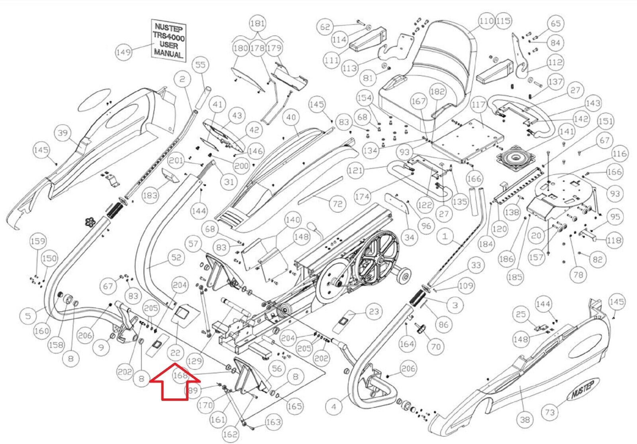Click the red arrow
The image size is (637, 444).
[x=174, y=381]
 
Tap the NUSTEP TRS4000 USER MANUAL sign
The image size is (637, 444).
[x=169, y=40]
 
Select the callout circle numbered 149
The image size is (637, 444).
[x=123, y=52]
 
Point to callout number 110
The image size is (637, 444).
[x=486, y=21]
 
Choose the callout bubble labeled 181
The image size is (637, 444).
[x=257, y=23]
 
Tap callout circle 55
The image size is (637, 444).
[x=200, y=64]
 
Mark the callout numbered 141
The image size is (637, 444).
[x=567, y=131]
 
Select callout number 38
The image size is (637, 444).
[x=525, y=419]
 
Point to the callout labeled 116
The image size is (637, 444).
[x=619, y=154]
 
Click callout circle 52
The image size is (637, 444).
[x=176, y=258]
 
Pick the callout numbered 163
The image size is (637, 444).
[x=273, y=422]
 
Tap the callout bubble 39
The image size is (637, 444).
[x=63, y=132]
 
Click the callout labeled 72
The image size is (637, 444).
[x=337, y=204]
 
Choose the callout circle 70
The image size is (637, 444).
[x=436, y=346]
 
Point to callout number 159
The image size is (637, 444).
[x=38, y=241]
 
